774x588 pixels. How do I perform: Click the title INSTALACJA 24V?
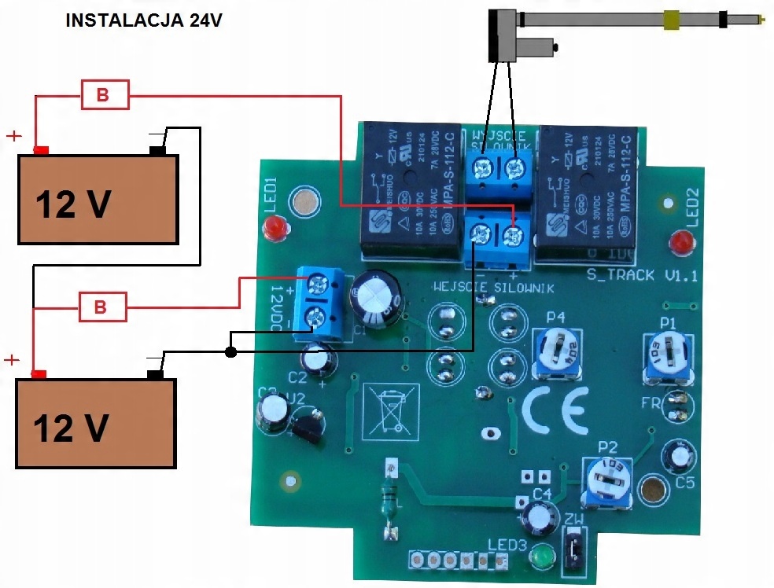point(143,21)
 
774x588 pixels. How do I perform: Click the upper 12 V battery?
point(98,198)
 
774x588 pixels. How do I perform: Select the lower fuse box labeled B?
point(103,307)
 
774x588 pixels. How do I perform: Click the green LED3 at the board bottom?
point(541,557)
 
